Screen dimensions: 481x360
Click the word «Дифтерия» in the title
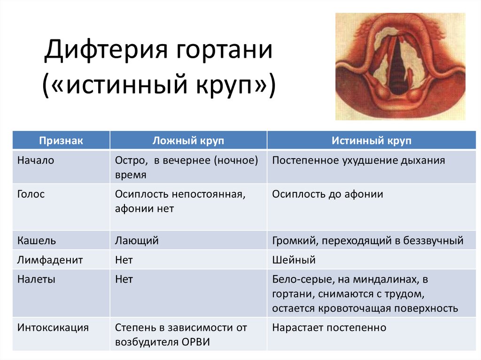coord(106,50)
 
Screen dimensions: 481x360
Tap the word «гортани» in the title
coord(224,50)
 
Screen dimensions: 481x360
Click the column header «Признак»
coord(61,141)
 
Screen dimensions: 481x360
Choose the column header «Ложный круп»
coord(188,141)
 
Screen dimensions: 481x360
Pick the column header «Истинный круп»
coord(372,141)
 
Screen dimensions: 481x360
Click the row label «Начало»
coord(36,161)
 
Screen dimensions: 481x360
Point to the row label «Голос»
coord(31,194)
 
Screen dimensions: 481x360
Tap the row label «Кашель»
coord(37,240)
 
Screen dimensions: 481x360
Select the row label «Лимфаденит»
coord(50,260)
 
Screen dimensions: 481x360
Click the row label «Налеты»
coord(36,279)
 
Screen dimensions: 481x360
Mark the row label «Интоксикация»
coord(53,328)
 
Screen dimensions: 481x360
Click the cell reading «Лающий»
coord(137,241)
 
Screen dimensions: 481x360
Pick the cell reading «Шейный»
coord(294,260)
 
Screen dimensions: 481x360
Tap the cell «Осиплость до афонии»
coord(327,194)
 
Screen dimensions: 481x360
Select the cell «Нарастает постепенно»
coord(329,328)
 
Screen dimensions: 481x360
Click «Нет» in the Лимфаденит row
coord(124,260)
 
